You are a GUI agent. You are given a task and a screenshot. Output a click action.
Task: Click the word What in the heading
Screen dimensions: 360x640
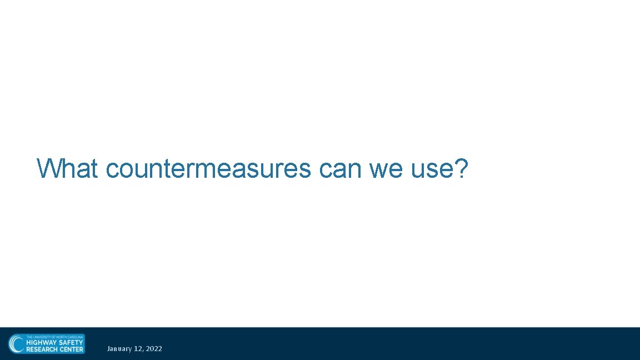[67, 168]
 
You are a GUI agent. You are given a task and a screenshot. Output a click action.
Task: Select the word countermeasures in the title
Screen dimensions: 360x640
[208, 168]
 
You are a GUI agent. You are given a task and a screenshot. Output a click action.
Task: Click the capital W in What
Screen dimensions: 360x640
[47, 168]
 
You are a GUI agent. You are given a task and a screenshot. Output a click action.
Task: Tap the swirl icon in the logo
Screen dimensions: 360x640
[17, 344]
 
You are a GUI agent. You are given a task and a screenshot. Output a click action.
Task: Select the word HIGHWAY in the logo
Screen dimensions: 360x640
[42, 343]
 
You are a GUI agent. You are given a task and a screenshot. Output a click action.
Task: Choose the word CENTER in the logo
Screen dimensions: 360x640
[71, 349]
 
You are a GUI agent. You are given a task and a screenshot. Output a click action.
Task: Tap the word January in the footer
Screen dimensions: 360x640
[119, 349]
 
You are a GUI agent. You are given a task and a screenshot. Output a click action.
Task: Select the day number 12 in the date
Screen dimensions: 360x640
[138, 349]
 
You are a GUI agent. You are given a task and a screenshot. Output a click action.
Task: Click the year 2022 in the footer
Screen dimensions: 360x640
[154, 349]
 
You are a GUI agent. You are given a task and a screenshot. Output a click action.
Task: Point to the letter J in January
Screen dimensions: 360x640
[109, 349]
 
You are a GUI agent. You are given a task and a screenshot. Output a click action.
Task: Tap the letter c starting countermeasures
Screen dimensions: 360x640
[112, 169]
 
